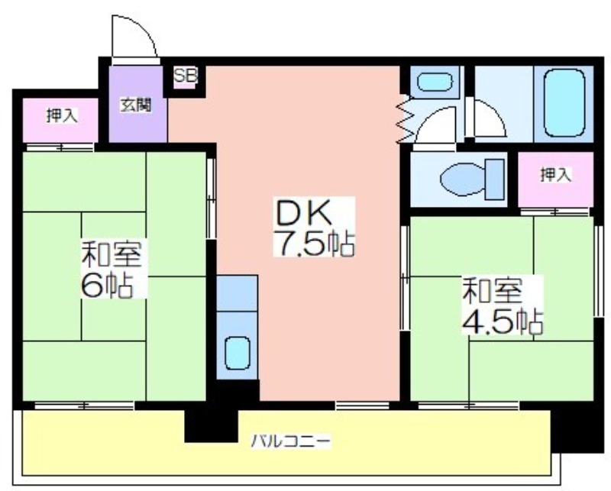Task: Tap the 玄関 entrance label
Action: coord(135,105)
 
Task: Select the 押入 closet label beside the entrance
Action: coord(62,116)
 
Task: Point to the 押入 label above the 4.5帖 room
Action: coord(556,175)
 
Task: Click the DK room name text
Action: coord(303,213)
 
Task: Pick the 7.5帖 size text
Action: coord(314,244)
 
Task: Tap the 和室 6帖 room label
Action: coord(111,269)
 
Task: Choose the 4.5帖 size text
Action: coord(502,321)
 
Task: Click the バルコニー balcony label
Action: coord(291,441)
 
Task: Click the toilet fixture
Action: coord(472,179)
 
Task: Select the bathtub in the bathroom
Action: coord(564,103)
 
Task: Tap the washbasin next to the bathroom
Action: coord(435,82)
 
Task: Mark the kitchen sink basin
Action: coord(237,353)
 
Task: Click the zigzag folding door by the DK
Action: coord(406,119)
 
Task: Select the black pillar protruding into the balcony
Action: coord(211,425)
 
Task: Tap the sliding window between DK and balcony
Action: coord(362,405)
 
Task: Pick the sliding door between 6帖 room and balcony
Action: coord(84,405)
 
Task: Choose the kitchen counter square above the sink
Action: coord(237,293)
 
